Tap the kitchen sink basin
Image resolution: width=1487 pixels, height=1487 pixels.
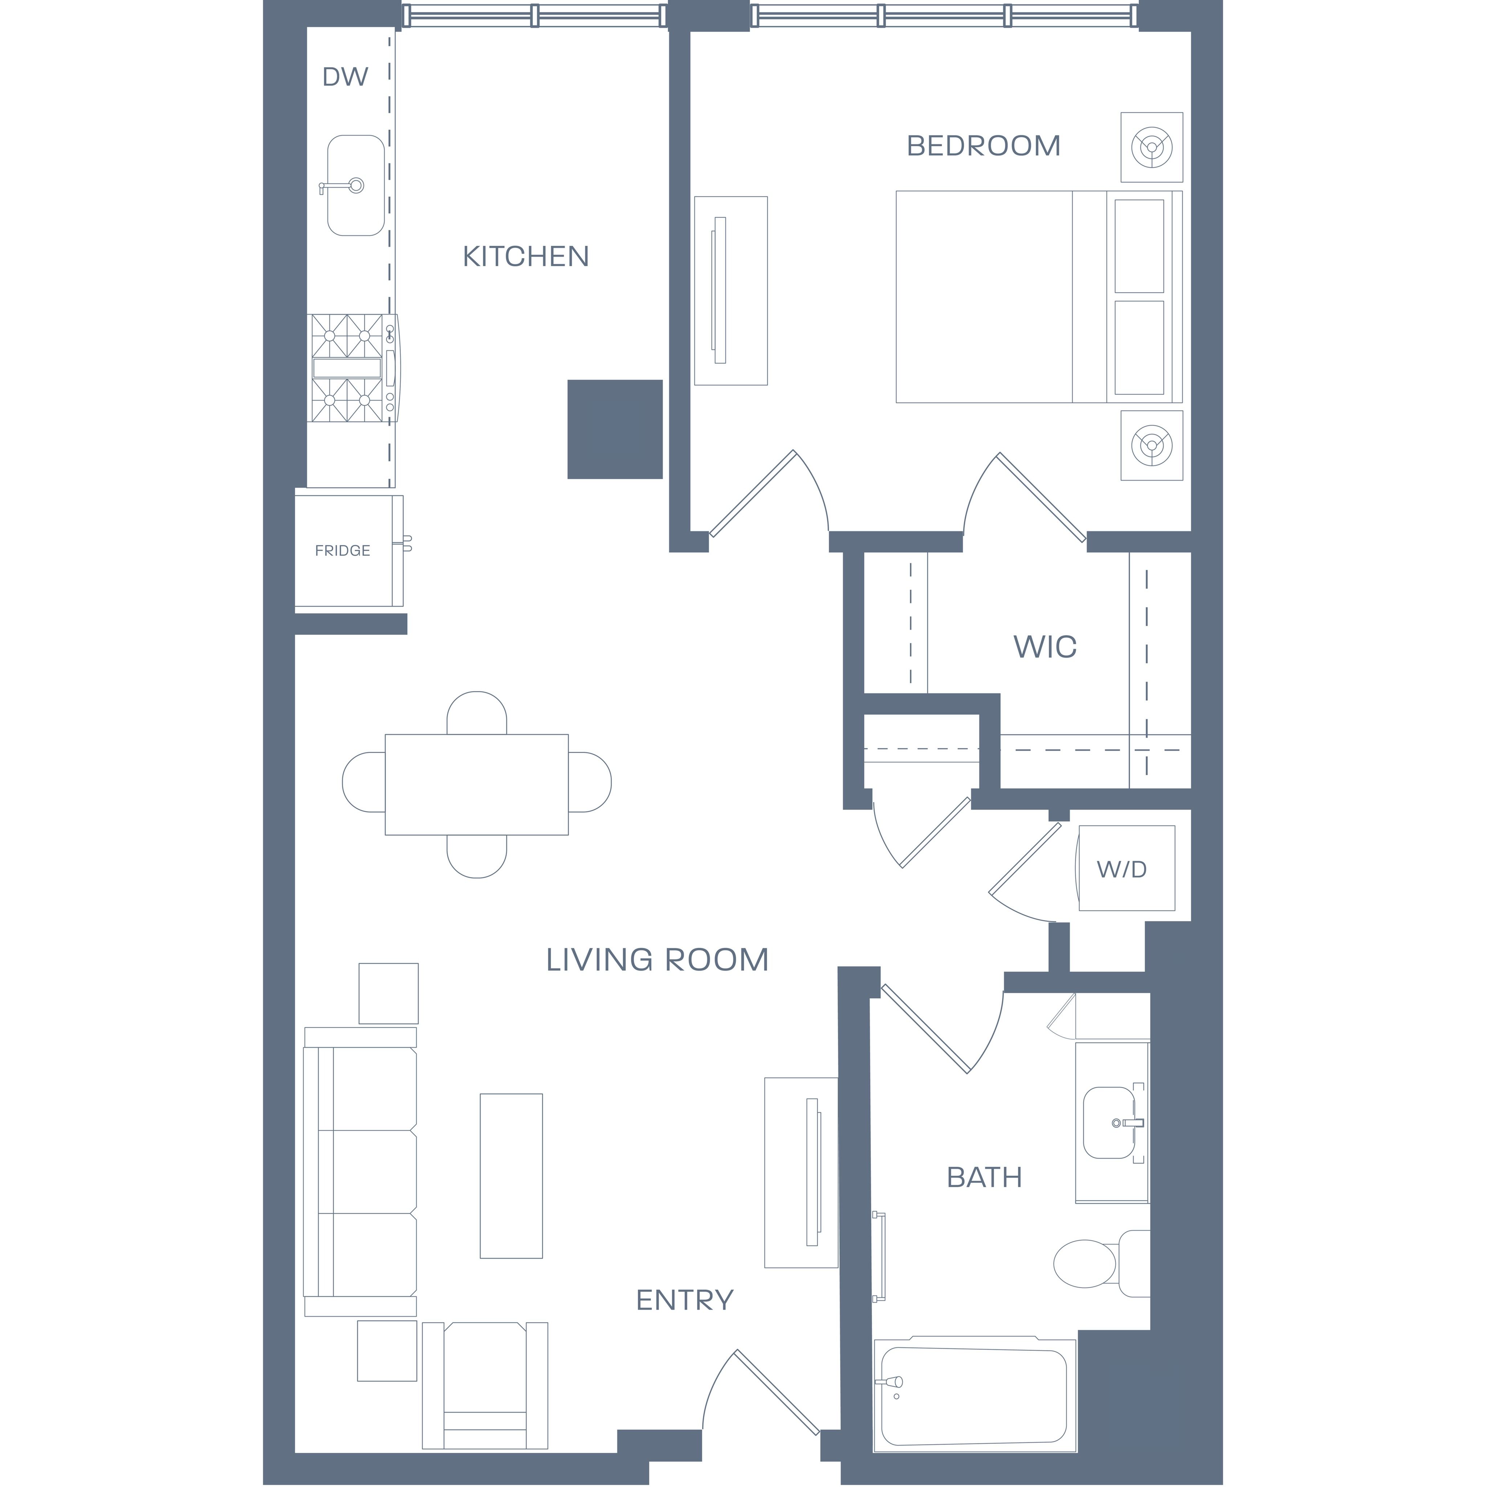click(x=355, y=186)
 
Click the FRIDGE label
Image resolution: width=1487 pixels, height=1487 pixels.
click(x=342, y=550)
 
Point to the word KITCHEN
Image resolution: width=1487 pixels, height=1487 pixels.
click(x=526, y=256)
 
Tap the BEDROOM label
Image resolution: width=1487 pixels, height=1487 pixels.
click(x=983, y=146)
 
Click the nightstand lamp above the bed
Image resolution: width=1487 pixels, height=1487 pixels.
click(x=1152, y=147)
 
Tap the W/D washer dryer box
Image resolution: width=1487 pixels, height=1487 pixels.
click(x=1127, y=868)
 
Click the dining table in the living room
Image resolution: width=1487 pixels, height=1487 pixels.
click(x=476, y=784)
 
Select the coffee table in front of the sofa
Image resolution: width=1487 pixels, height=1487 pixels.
click(x=511, y=1176)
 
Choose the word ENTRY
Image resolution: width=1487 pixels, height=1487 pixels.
click(x=684, y=1300)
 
